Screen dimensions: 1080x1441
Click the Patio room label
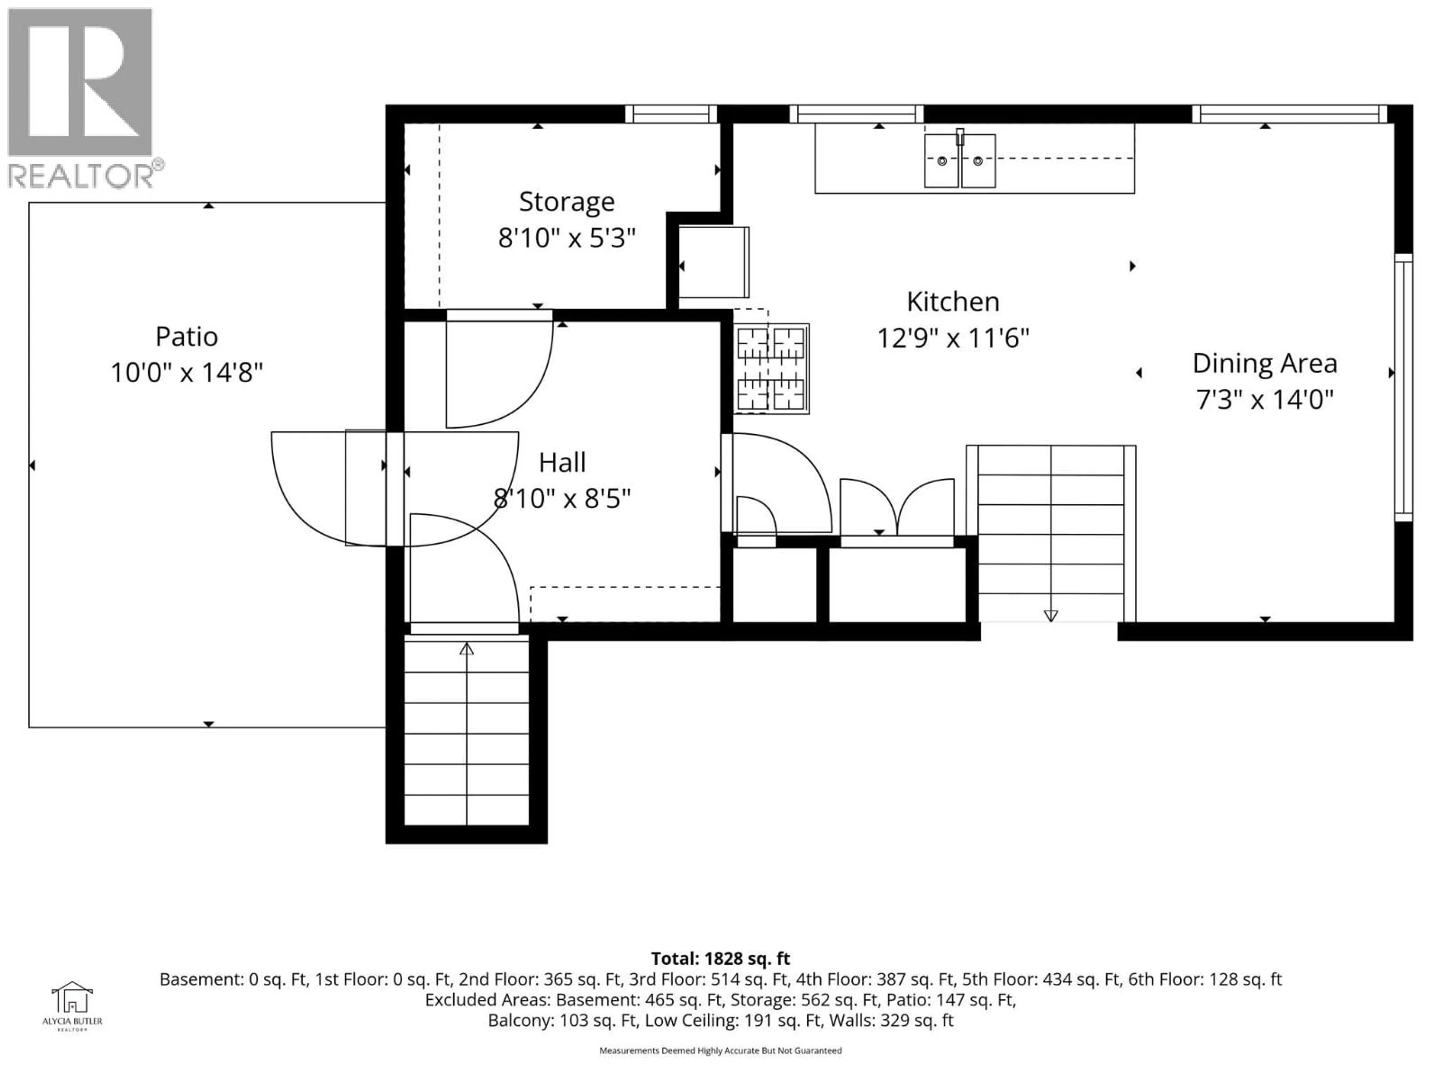(x=186, y=337)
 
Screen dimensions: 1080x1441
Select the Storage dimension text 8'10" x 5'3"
(x=566, y=238)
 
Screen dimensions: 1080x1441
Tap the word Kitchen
(x=952, y=302)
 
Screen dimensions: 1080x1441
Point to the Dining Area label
(x=1265, y=363)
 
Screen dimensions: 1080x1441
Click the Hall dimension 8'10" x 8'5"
(x=562, y=499)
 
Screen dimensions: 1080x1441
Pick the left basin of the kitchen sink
(x=941, y=161)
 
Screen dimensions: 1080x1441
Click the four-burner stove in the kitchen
(x=771, y=369)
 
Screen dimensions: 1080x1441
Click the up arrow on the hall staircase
(x=466, y=648)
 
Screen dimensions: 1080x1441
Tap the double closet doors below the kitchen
(x=897, y=508)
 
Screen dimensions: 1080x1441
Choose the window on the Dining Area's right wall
(x=1403, y=387)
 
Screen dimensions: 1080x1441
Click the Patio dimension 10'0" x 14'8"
(x=186, y=373)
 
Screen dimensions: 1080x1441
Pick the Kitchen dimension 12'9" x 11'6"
(x=952, y=339)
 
